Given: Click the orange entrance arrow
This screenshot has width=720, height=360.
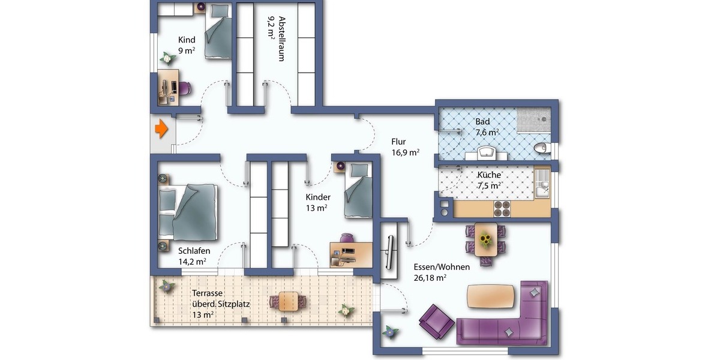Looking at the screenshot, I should click(160, 128).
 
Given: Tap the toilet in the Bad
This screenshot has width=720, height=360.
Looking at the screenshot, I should click(542, 148).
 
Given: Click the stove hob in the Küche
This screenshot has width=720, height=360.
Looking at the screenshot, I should click(502, 208).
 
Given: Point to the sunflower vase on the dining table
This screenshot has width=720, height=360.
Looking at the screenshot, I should click(485, 241).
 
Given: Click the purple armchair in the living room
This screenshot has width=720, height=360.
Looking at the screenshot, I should click(436, 321).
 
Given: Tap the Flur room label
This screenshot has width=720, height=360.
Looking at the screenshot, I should click(399, 142).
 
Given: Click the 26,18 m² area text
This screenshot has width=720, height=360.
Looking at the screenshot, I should click(430, 278).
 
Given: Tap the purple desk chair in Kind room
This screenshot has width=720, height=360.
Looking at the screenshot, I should click(185, 88).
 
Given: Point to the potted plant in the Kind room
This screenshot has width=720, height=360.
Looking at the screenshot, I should click(166, 58).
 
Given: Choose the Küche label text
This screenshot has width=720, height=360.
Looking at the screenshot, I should click(488, 175).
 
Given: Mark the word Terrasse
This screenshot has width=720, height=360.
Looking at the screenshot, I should click(208, 293).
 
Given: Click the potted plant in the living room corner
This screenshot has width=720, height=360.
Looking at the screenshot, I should click(391, 331).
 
